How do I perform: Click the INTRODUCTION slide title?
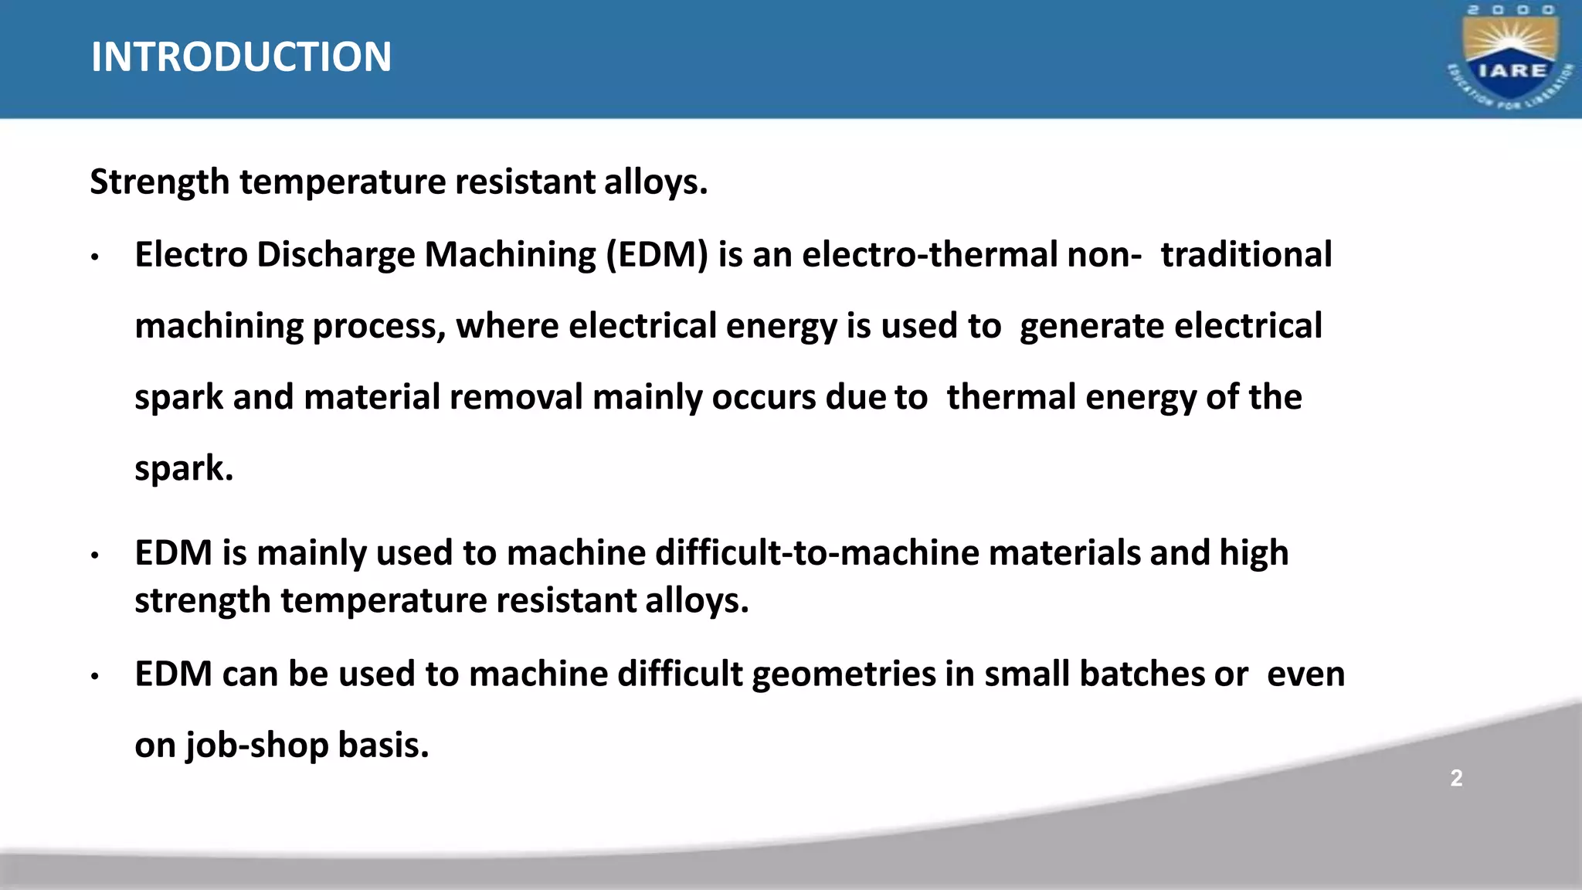coord(241,57)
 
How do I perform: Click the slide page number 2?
coord(1456,778)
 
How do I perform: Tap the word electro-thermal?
coord(929,255)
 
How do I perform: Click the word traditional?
coord(1246,255)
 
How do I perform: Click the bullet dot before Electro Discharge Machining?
coord(95,257)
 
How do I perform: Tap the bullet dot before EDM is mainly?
coord(95,555)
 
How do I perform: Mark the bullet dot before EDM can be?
coord(95,677)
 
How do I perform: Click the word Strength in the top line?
coord(160,183)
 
